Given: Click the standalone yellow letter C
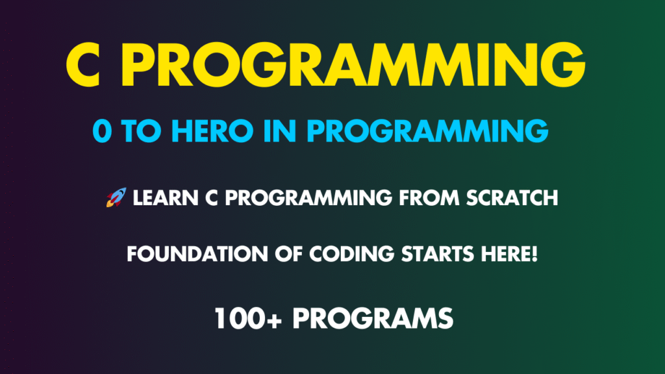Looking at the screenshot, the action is pos(84,65).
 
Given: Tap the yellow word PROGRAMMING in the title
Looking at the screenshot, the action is pos(353,65).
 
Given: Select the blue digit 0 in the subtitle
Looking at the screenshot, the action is pos(102,131).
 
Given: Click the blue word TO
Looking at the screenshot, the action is pos(141,131).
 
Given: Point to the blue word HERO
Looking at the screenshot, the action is pos(212,131).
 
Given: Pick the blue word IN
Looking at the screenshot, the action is pos(279,131).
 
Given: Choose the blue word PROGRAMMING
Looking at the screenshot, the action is pos(427,131).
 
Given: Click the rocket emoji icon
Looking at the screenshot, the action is pos(116,197).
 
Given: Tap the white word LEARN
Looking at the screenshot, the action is pos(166,198).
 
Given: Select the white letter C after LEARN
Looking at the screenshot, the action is pos(212,198).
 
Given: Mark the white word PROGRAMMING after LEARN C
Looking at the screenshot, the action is pos(308,198).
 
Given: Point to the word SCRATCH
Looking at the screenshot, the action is pos(512,198).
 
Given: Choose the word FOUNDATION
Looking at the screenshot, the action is pos(197,254).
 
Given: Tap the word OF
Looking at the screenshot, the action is pos(288,254).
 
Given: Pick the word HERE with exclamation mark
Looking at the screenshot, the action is pos(509,254).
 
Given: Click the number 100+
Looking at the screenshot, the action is pos(248,318).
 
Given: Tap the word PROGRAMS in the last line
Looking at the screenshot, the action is pos(373,318).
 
